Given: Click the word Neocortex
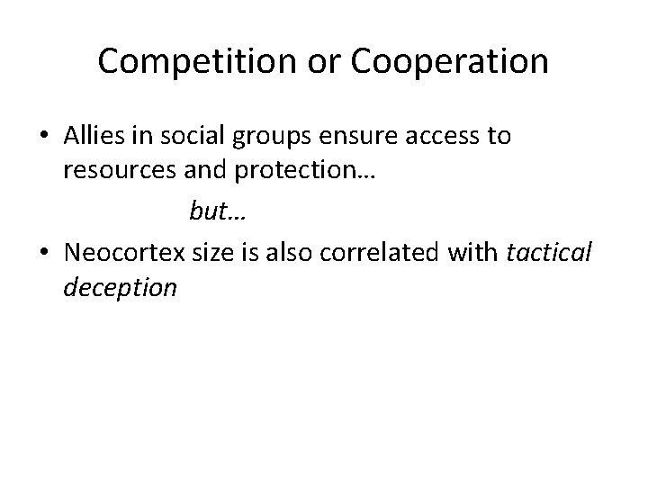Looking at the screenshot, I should click(x=122, y=253).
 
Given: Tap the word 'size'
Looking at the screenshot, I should click(x=211, y=253).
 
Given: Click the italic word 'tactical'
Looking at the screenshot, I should click(x=549, y=253).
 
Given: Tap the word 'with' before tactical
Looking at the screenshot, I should click(x=475, y=253).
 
